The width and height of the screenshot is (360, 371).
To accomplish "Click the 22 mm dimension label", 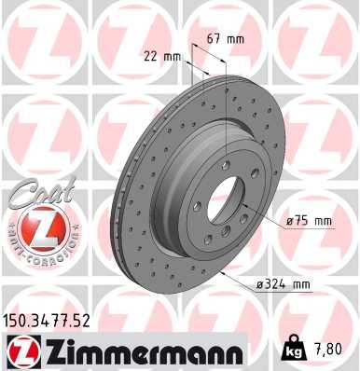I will click(x=162, y=55).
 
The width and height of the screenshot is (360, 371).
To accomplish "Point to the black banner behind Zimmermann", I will click(x=140, y=351).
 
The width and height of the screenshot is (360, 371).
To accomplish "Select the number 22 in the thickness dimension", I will click(x=151, y=55).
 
